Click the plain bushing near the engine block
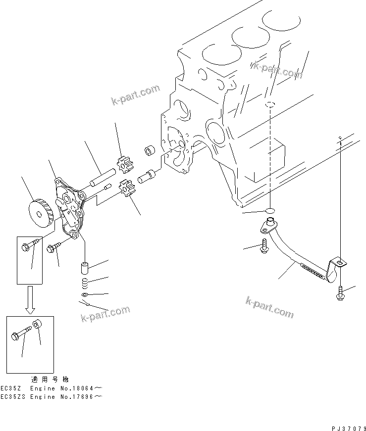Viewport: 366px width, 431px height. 149,150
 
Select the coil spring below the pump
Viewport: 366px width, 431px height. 85,284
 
